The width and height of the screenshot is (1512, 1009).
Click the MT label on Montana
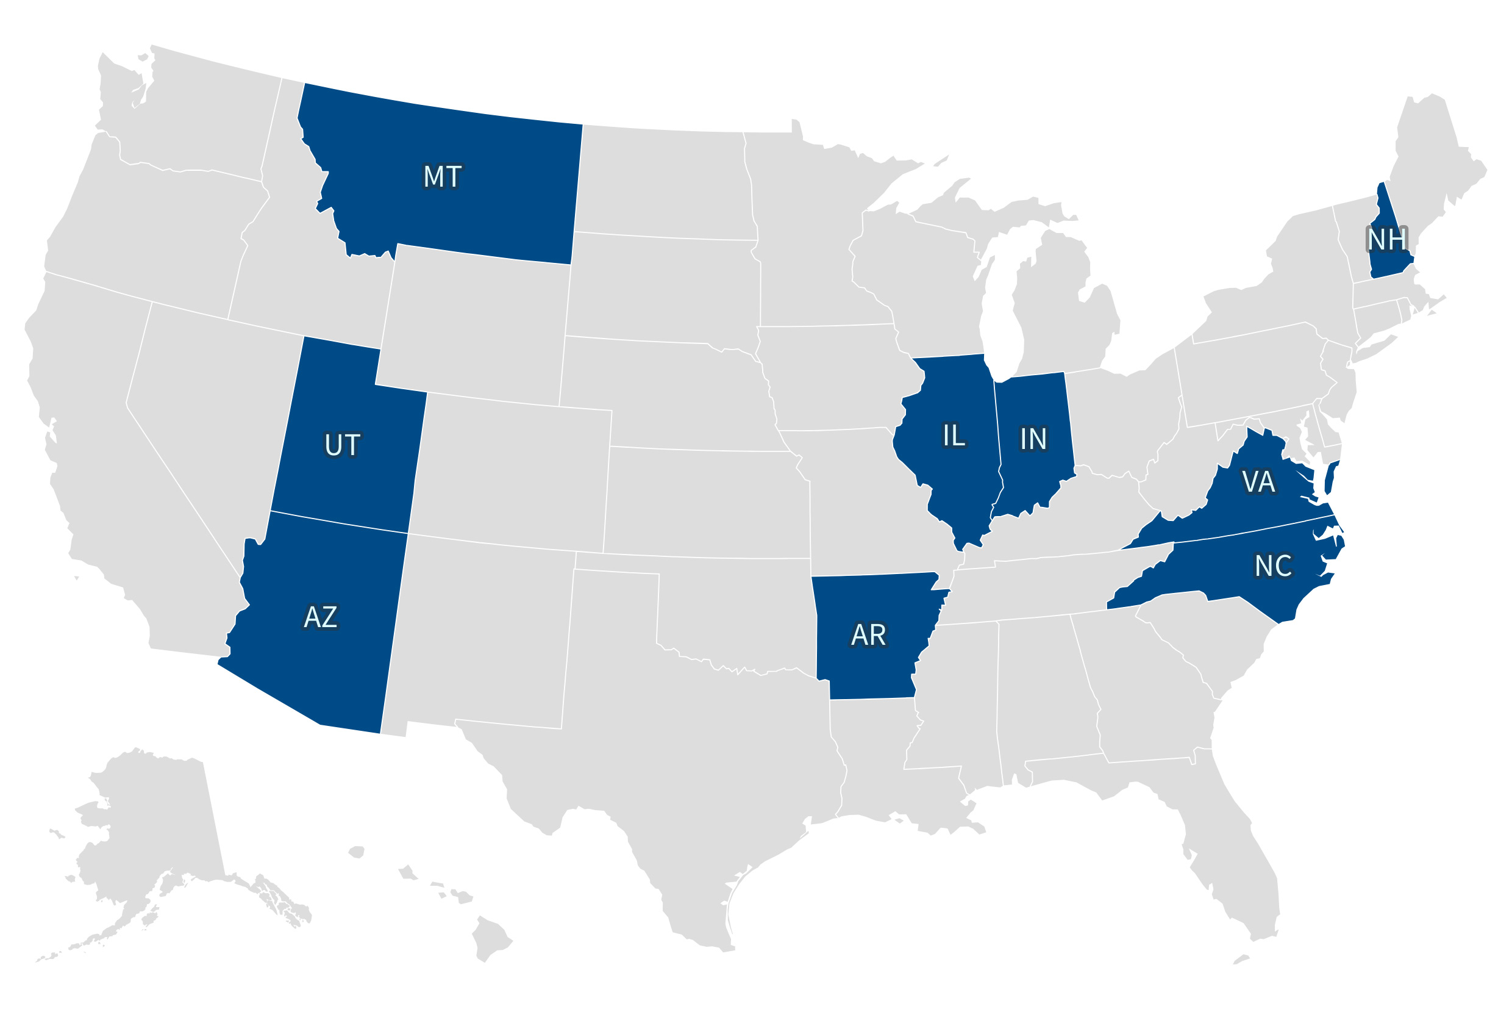[442, 176]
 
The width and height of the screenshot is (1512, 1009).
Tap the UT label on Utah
[341, 445]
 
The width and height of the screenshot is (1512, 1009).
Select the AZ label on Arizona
[320, 617]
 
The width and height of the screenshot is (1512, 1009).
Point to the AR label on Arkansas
[868, 635]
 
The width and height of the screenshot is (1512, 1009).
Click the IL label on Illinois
[953, 436]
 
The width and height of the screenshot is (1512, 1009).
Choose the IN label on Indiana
[1033, 439]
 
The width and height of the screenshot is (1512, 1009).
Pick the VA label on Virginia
[1257, 481]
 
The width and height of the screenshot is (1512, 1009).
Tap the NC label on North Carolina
[1273, 566]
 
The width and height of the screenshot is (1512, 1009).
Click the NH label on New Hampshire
[1386, 239]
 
